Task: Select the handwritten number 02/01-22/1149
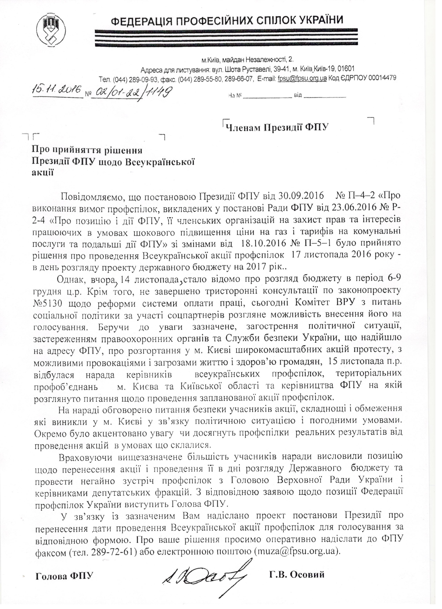(131, 93)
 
